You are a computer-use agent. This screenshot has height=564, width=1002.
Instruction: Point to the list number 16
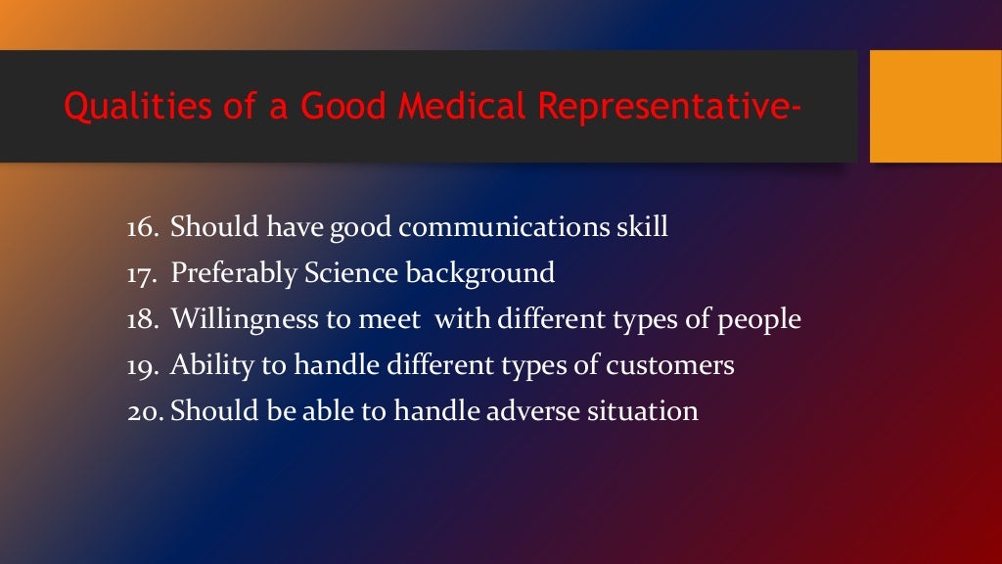[x=143, y=228]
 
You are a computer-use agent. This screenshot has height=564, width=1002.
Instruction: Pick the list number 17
[x=143, y=273]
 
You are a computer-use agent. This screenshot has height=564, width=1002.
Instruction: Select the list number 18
[x=143, y=319]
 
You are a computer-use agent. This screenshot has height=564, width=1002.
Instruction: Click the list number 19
[x=143, y=365]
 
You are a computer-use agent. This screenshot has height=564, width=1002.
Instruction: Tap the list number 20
[x=146, y=411]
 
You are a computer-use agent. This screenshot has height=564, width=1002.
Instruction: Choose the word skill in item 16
[x=642, y=228]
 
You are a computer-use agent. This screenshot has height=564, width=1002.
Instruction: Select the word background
[x=475, y=274]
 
